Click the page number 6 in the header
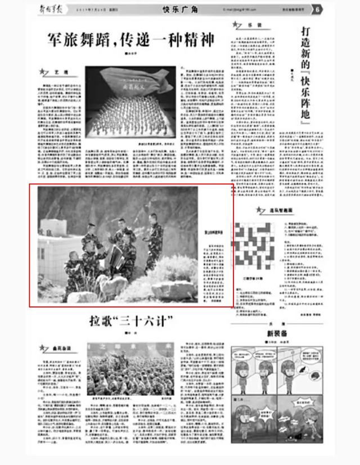318,10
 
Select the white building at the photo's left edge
57,247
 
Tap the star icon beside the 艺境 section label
42,72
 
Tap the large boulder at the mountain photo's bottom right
174,289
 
